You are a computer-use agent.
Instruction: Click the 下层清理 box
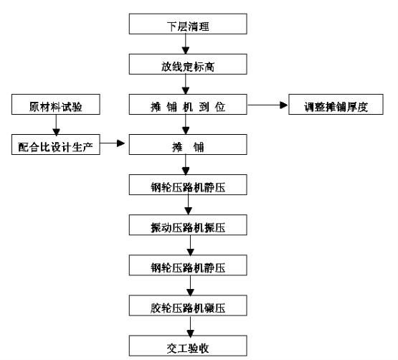click(188, 24)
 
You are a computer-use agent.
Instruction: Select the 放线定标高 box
click(188, 64)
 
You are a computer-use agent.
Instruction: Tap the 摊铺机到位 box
click(188, 105)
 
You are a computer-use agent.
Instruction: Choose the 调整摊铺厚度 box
click(336, 105)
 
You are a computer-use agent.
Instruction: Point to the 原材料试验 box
click(56, 105)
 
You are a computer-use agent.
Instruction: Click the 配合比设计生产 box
click(56, 144)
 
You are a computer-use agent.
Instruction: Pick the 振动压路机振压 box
click(188, 225)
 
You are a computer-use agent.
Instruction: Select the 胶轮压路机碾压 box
click(188, 305)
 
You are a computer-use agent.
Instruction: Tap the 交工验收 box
click(188, 346)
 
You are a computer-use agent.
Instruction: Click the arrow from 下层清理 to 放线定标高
click(186, 44)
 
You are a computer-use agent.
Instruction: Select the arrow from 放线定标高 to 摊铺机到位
click(186, 85)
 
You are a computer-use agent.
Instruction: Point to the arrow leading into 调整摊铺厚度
click(267, 105)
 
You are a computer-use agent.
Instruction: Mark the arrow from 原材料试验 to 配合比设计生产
click(56, 125)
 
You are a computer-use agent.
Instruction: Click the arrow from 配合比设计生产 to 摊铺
click(113, 143)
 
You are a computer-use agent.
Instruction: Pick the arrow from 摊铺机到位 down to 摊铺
click(186, 124)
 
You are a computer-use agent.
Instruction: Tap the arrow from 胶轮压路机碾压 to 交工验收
click(190, 326)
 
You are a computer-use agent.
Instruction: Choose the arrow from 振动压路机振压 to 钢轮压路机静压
click(190, 245)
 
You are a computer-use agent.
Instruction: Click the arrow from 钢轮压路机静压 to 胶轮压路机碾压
click(190, 285)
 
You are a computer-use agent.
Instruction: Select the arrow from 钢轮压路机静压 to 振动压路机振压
click(188, 204)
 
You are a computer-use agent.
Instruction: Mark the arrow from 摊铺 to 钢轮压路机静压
click(186, 164)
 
